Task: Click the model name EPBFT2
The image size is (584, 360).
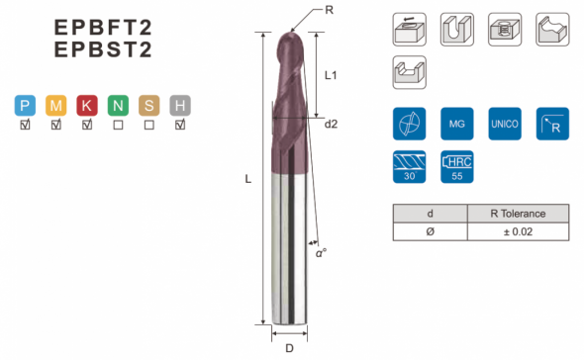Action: (103, 27)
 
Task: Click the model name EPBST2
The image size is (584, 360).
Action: (103, 49)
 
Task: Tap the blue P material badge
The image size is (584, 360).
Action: (25, 106)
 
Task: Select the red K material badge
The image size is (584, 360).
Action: (87, 106)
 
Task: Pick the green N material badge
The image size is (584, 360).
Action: (118, 106)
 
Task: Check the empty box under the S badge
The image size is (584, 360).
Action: (149, 125)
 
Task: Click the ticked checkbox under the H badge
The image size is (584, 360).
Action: (180, 125)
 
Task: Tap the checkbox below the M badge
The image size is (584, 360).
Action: (56, 125)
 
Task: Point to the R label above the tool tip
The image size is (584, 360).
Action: (329, 10)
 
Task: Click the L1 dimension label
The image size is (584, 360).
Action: (331, 75)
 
